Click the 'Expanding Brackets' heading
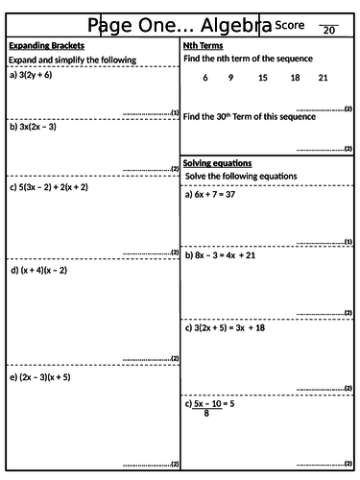46,45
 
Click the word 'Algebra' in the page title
217,26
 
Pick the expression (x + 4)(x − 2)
44,270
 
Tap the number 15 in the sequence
263,78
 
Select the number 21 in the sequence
323,78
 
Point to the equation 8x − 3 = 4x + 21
233,255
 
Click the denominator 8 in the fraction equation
205,415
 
